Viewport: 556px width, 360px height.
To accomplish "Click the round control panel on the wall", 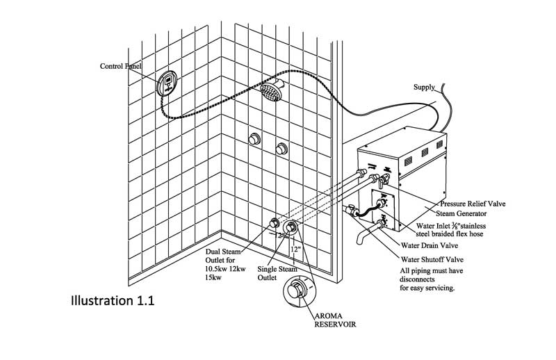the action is point(167,83).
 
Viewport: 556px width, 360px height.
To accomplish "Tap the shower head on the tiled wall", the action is point(272,90).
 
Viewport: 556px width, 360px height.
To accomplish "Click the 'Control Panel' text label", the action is point(120,66).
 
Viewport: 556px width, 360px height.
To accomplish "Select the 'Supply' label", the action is point(424,88).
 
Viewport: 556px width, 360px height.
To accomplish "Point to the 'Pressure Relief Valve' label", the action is point(473,204).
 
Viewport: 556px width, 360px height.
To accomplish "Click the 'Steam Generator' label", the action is point(461,213).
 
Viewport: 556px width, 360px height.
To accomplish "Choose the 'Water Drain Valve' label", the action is point(430,245).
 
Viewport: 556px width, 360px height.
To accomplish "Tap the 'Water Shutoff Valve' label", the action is point(432,260).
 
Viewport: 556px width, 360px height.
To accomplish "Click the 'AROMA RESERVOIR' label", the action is point(335,320).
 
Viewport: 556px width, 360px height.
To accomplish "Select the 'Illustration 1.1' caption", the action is point(113,301).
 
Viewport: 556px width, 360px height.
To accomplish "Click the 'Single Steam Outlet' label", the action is point(277,273).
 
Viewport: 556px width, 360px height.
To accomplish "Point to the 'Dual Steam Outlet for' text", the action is point(223,256).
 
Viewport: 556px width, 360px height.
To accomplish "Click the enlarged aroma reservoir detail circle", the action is point(300,292).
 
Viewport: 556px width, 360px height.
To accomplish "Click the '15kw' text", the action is point(213,277).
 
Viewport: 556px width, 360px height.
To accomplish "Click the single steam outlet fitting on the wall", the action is point(291,228).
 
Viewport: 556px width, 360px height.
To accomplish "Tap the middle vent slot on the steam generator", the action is point(425,152).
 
